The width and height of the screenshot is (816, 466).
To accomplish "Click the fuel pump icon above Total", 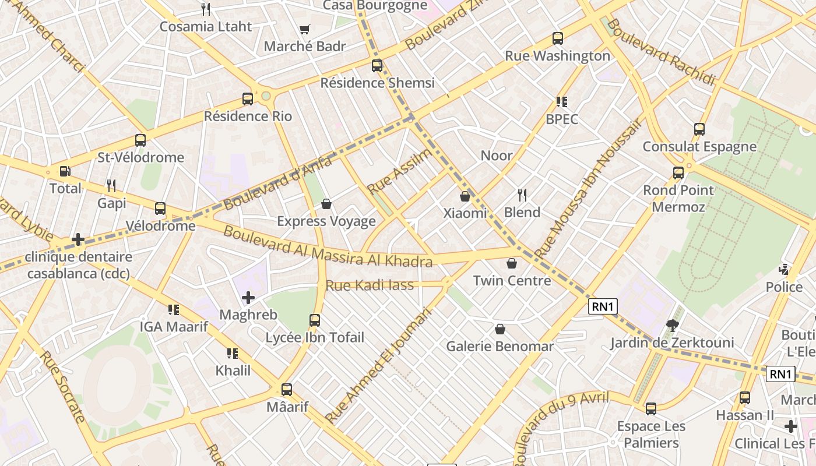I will click(65, 171).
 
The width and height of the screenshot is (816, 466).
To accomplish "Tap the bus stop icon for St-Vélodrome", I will click(140, 140).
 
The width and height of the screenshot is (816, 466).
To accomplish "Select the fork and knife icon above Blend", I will click(522, 195).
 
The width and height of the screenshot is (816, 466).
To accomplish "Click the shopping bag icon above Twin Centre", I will click(512, 263).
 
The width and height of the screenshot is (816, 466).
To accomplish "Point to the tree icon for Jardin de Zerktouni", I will click(673, 326).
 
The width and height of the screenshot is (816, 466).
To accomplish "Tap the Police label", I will click(784, 287).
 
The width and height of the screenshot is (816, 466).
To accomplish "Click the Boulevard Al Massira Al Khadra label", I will click(328, 248).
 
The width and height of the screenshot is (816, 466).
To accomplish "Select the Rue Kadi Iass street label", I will click(370, 285).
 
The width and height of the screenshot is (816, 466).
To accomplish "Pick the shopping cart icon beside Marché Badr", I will click(304, 29).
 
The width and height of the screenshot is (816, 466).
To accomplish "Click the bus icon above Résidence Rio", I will click(248, 99).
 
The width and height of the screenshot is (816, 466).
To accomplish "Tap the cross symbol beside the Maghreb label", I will click(248, 298).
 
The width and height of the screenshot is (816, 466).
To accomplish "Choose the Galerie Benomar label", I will click(500, 346).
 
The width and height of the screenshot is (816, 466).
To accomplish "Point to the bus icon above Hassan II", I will click(745, 398).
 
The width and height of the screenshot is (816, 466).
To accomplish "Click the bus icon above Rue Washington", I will click(558, 38).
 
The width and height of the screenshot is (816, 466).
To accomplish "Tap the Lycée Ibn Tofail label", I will click(315, 337).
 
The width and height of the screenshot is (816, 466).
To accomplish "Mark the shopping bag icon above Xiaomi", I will click(465, 196).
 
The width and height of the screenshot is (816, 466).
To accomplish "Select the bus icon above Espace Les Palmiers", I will click(651, 409).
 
